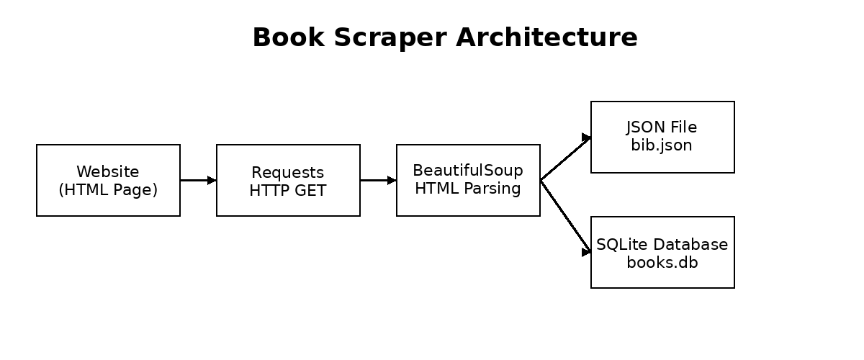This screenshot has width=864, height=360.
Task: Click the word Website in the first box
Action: pyautogui.click(x=108, y=171)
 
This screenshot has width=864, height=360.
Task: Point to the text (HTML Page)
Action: pyautogui.click(x=108, y=190)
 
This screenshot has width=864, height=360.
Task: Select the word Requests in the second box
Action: pyautogui.click(x=288, y=173)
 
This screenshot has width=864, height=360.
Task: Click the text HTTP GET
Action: pyautogui.click(x=288, y=190)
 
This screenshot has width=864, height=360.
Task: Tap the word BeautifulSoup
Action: pyautogui.click(x=468, y=171)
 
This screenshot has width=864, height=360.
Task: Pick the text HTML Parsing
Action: pyautogui.click(x=468, y=189)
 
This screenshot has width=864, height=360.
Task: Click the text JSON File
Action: pyautogui.click(x=662, y=127)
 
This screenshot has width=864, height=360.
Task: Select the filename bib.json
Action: pyautogui.click(x=662, y=145)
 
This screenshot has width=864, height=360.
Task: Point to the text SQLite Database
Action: pyautogui.click(x=662, y=245)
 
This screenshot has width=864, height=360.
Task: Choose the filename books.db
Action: pyautogui.click(x=662, y=262)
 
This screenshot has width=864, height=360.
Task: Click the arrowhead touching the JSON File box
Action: pyautogui.click(x=586, y=138)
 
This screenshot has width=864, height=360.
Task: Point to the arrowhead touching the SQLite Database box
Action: pyautogui.click(x=586, y=252)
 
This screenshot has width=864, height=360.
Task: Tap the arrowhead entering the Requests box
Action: pyautogui.click(x=212, y=180)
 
